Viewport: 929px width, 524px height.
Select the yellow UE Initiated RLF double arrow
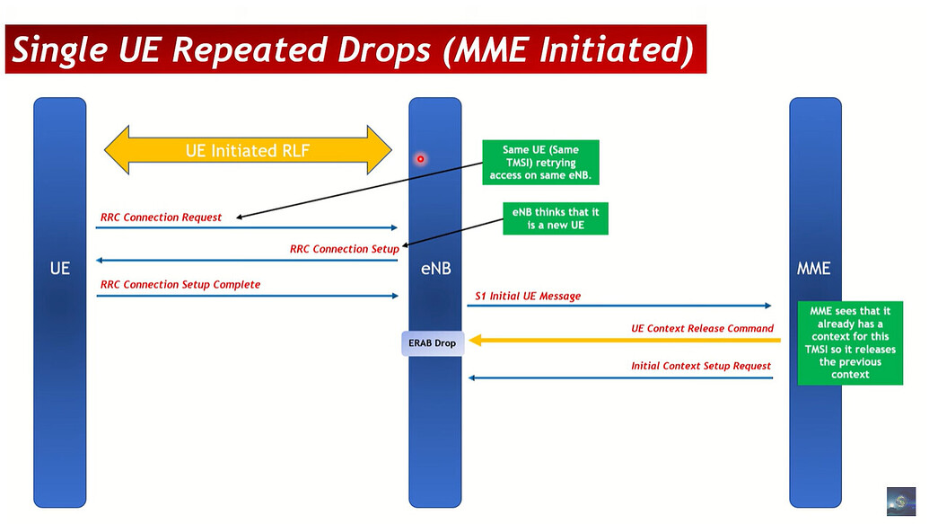tap(249, 150)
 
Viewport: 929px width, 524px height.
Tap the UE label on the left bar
tap(60, 268)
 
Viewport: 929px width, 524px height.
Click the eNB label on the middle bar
tap(435, 268)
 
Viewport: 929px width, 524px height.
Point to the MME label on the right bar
tap(814, 268)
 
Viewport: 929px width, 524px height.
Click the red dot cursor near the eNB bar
tap(419, 159)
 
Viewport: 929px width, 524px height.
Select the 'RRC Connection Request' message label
tap(161, 218)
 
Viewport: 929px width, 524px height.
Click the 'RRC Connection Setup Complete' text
tap(180, 285)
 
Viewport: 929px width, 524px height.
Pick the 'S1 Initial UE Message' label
tap(528, 296)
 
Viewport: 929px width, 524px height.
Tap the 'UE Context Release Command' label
tap(702, 329)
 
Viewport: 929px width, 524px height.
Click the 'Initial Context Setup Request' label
tap(701, 366)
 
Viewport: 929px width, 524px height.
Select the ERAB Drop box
tap(432, 342)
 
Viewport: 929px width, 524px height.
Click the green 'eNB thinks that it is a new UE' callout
tap(555, 218)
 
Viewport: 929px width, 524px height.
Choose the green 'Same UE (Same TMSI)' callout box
tap(540, 163)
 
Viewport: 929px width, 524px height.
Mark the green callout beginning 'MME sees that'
tap(850, 342)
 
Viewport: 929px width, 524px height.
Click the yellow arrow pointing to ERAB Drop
tap(619, 341)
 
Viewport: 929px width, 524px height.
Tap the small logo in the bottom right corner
tap(900, 502)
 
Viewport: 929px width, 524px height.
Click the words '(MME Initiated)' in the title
tap(568, 49)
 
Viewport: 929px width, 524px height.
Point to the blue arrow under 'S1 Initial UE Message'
tap(619, 306)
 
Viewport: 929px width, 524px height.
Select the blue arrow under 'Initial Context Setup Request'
tap(619, 377)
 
